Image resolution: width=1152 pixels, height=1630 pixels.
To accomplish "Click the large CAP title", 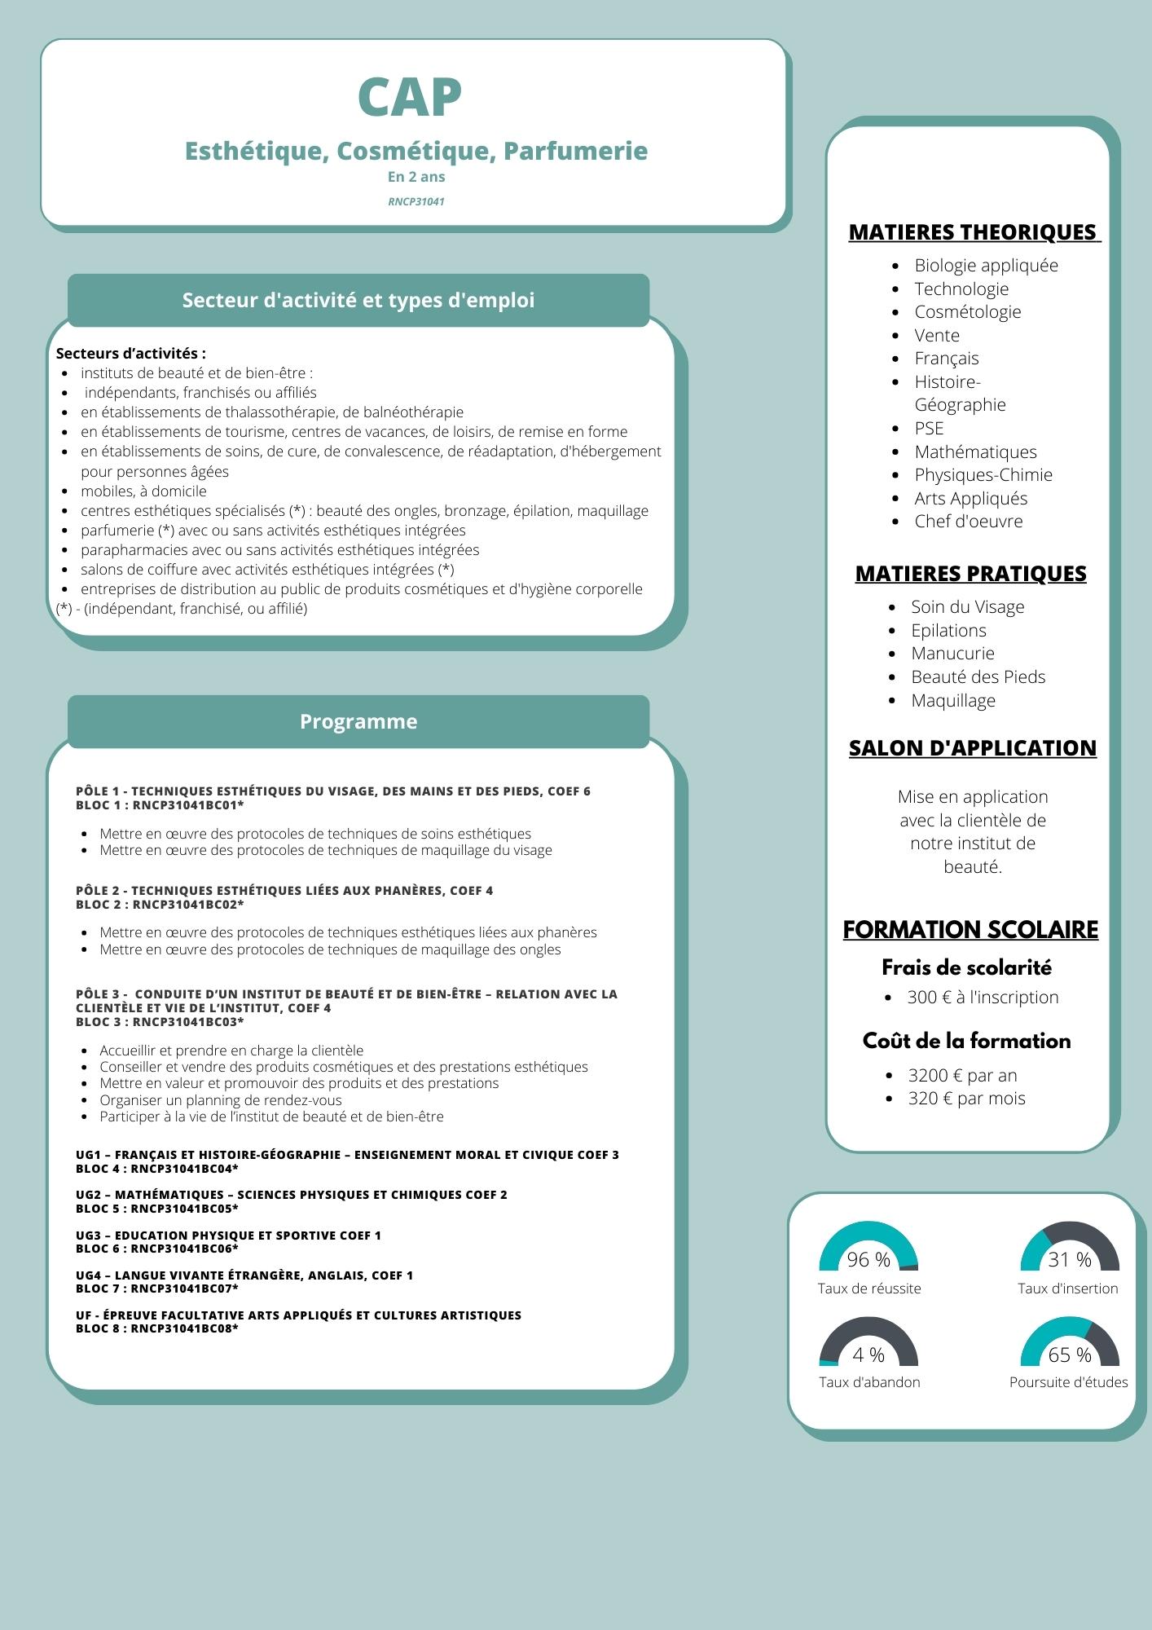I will [410, 98].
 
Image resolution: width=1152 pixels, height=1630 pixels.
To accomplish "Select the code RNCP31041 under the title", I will [416, 201].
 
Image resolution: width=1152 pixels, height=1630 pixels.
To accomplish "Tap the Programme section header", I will [358, 721].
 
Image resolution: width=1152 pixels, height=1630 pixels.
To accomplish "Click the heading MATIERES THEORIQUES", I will [974, 232].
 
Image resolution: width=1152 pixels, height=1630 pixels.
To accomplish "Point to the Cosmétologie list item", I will [967, 312].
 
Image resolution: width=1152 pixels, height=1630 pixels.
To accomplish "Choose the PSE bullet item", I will [929, 429].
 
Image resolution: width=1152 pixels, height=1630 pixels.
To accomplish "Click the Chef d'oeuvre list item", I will [968, 522].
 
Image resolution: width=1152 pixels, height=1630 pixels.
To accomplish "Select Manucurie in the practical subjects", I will [952, 654].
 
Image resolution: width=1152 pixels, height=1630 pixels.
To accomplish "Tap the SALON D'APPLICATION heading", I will [972, 748].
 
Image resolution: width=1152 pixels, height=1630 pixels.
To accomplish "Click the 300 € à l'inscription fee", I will [983, 998].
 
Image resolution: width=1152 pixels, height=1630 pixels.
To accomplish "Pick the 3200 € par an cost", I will [962, 1076].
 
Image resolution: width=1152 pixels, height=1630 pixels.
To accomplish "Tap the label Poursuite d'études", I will [1068, 1382].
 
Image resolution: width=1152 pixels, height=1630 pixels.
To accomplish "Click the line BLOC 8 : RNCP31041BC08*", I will [157, 1328].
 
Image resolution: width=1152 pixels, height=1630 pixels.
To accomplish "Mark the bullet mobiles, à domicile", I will [143, 491].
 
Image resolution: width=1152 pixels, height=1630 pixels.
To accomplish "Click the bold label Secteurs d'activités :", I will [130, 354].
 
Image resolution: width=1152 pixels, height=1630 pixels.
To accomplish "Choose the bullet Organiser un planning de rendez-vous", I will [221, 1100].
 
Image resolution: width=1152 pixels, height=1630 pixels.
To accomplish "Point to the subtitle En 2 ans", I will [416, 177].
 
